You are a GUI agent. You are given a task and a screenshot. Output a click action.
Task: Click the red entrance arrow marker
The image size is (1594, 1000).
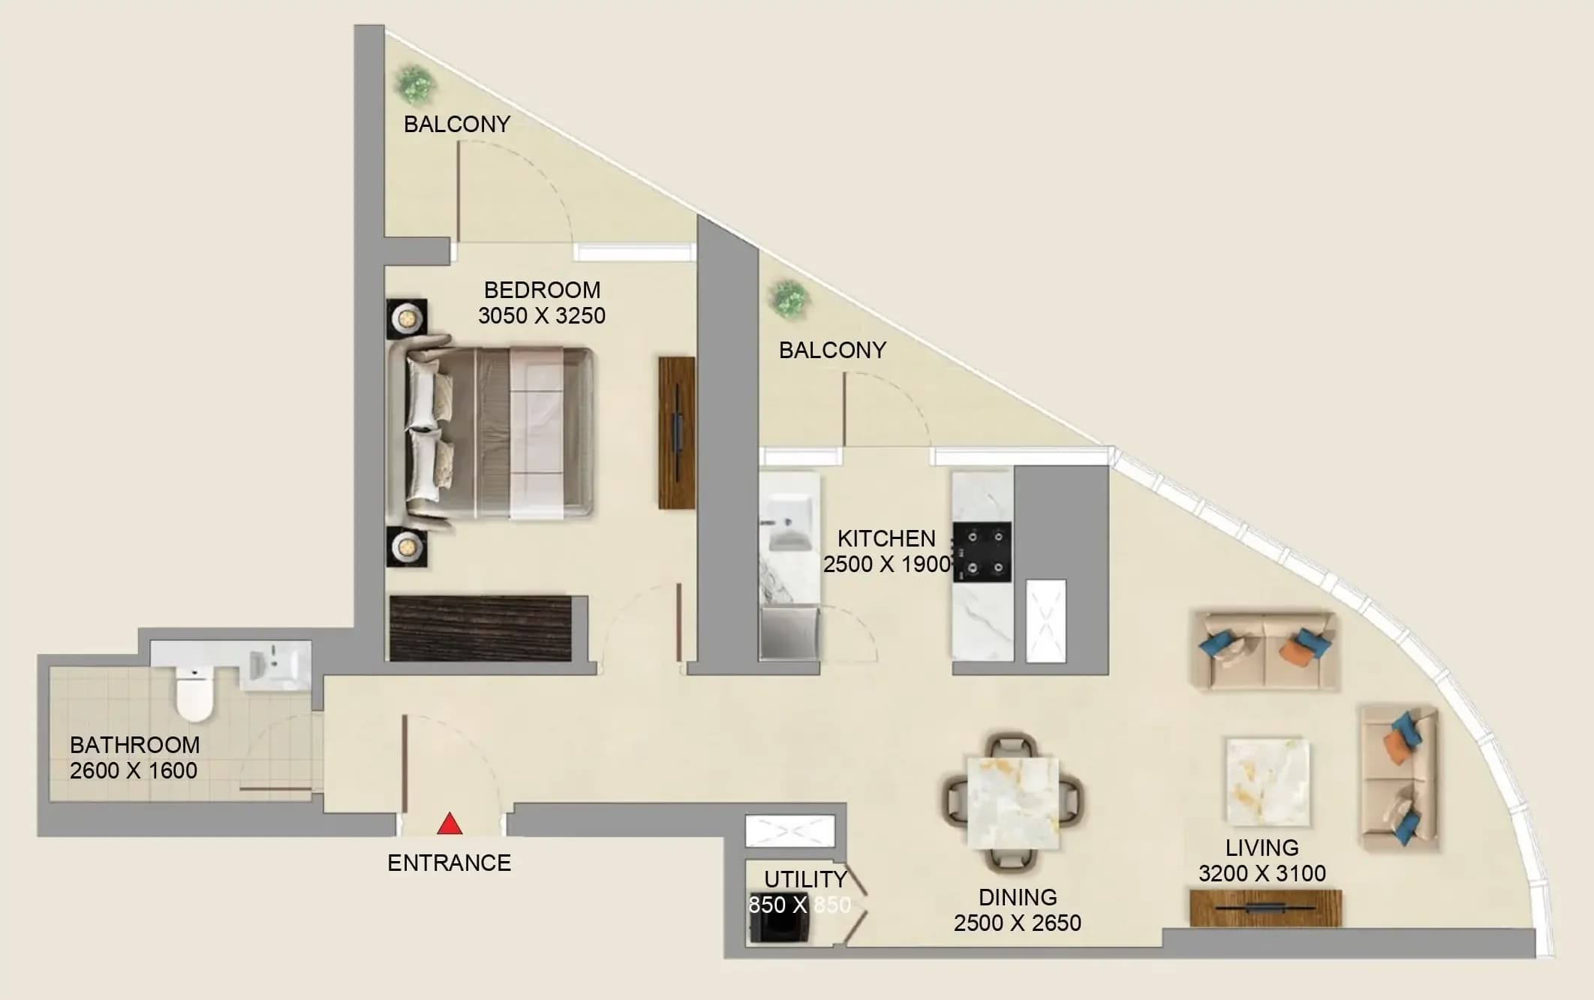coord(450,824)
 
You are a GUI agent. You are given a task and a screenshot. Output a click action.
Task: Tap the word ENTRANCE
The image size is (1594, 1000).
coord(449,863)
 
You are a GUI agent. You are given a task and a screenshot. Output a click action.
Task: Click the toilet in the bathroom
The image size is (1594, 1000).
coord(194,693)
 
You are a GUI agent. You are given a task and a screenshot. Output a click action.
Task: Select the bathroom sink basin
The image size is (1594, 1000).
coord(275,665)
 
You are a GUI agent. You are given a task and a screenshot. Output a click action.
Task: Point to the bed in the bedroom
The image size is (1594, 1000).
coord(492,432)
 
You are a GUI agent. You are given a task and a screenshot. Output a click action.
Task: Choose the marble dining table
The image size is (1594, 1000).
coord(1012,803)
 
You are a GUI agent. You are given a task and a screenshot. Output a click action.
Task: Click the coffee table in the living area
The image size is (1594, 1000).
coord(1268,781)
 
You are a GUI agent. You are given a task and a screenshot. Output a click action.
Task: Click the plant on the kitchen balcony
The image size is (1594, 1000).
coord(789,299)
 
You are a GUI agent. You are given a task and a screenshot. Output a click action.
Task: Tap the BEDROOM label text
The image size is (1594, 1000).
coord(542,290)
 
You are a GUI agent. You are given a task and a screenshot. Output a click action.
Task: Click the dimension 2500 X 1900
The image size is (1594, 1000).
coord(887,565)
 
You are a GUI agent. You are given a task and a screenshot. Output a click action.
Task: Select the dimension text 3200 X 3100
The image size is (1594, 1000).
coord(1262,874)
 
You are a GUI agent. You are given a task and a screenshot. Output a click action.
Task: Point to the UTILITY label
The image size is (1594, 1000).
coord(805,879)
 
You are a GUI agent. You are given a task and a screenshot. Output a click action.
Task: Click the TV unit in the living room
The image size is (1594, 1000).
coord(1265,908)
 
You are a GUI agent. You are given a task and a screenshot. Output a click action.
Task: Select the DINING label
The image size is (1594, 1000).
coord(1018,898)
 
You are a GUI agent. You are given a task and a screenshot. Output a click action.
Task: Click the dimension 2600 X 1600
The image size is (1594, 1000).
coord(134,771)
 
